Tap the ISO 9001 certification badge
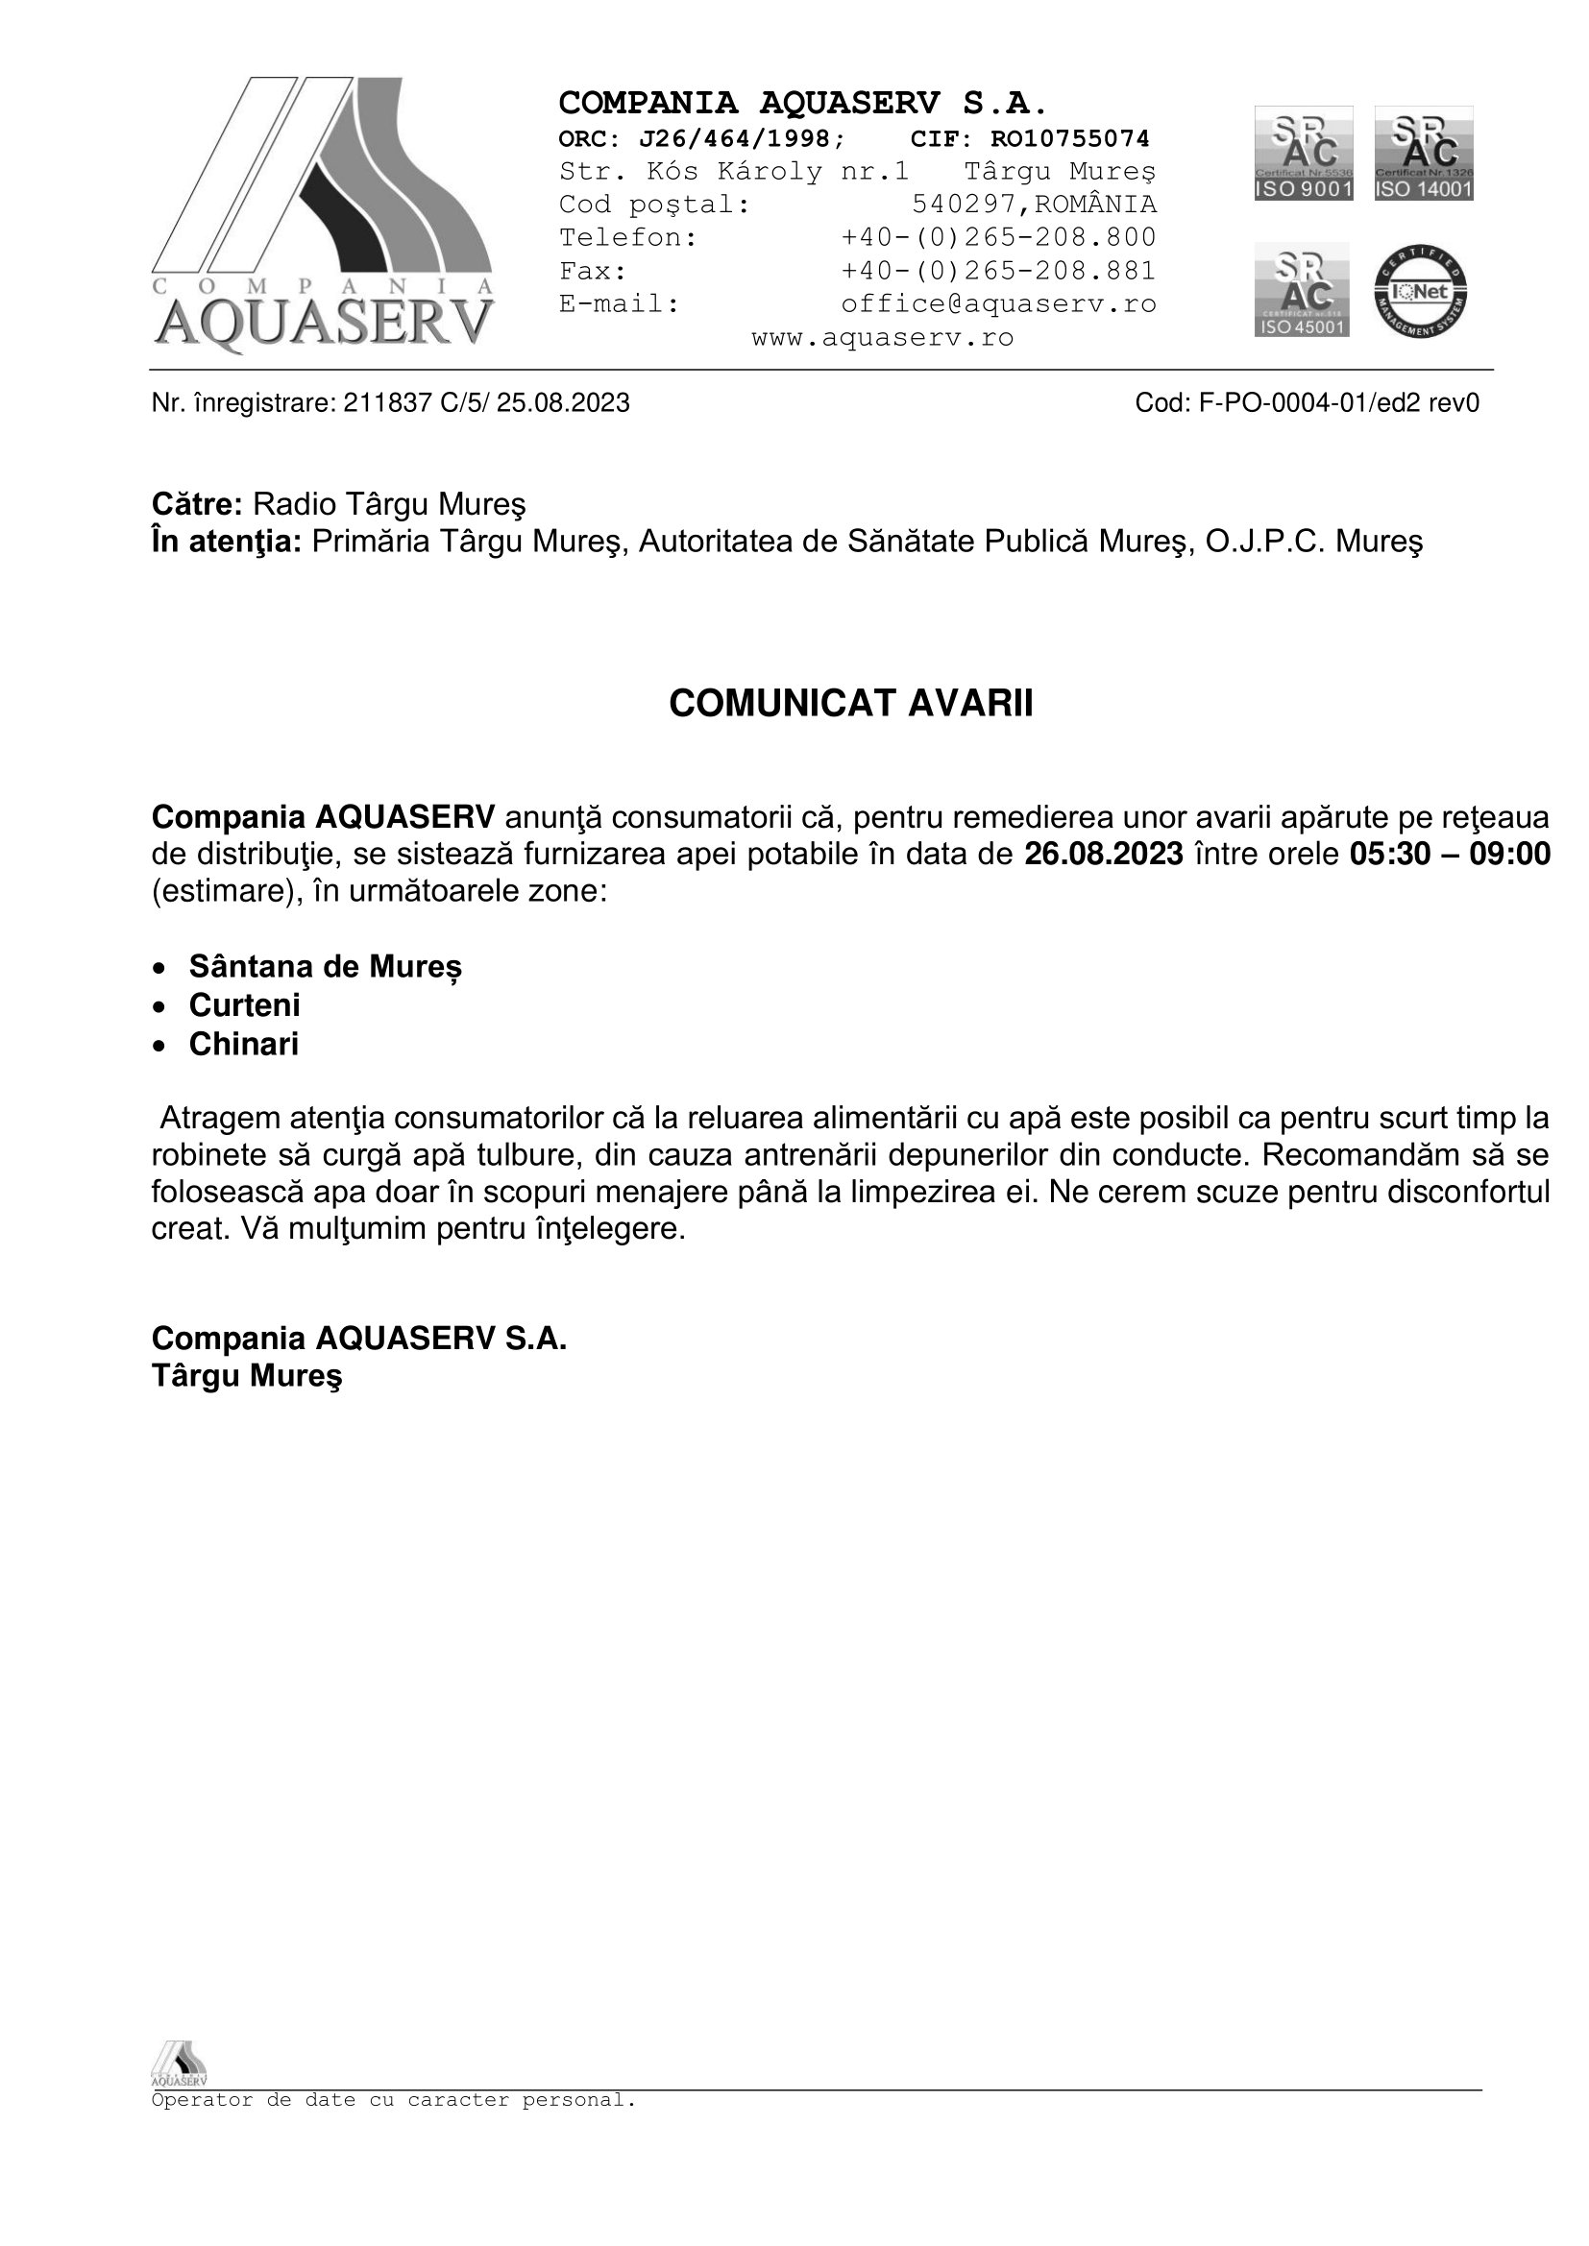pos(1304,154)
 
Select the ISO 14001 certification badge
pos(1424,154)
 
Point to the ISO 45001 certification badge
pos(1302,290)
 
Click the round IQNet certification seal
pos(1420,292)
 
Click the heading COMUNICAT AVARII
pos(850,704)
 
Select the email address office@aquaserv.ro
pos(998,304)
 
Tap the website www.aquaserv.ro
pos(883,338)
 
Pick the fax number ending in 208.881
pos(998,271)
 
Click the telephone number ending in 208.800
pos(998,238)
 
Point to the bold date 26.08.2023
pos(1103,855)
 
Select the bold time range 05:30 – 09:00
pos(1449,855)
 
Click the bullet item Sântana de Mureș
pos(325,967)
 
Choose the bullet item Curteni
pos(245,1005)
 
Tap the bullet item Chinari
pos(244,1045)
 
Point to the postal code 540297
pos(964,205)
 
